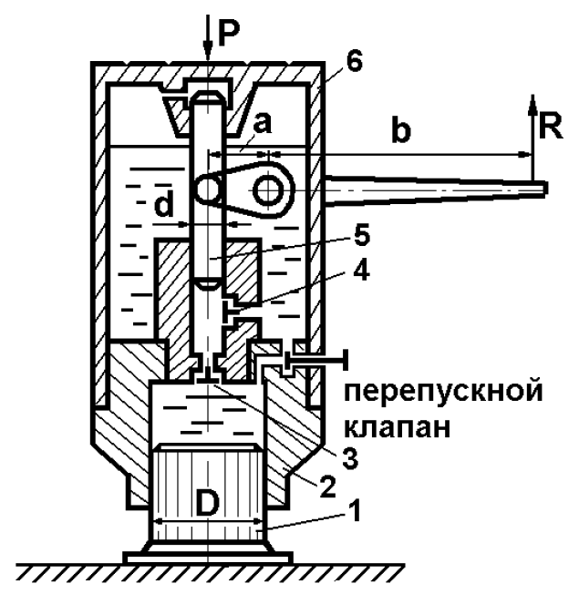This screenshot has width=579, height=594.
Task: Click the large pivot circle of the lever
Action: point(271,189)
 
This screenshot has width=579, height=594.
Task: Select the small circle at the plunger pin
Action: point(209,189)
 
